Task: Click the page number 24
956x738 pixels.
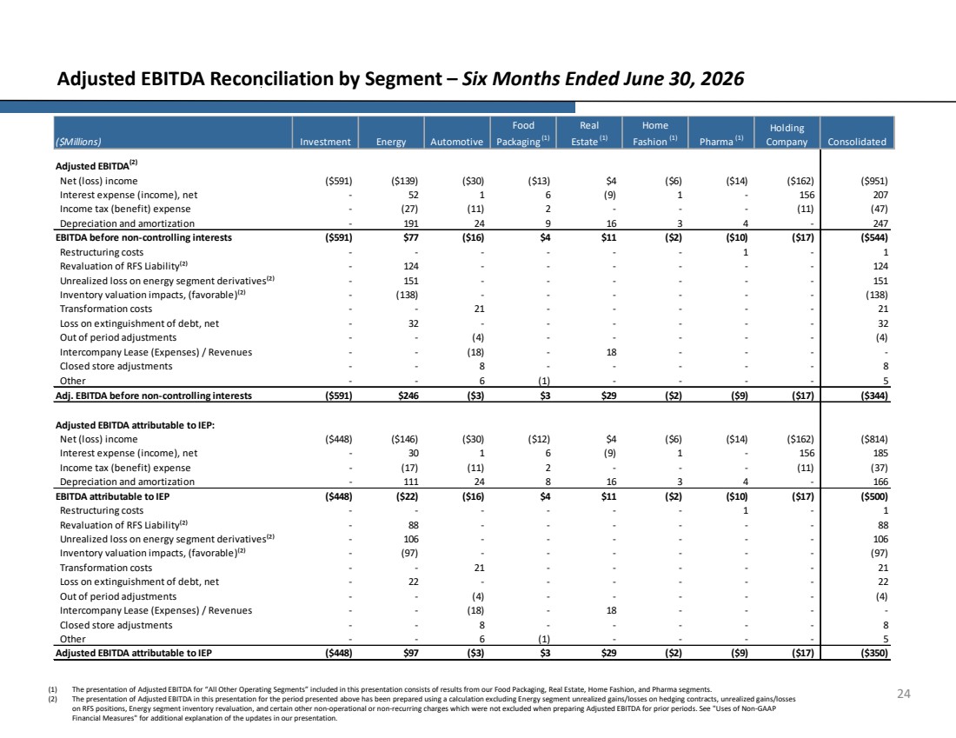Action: [904, 694]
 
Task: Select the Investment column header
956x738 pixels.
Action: [325, 142]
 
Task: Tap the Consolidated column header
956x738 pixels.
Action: [857, 142]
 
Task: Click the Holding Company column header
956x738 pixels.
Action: [787, 135]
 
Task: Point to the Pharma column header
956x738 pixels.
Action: [721, 141]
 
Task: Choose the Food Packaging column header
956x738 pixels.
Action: [523, 133]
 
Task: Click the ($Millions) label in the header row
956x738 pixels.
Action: [78, 142]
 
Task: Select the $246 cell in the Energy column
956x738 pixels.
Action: [408, 396]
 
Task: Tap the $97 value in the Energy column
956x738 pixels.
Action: [410, 653]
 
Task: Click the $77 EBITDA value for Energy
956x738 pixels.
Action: [410, 237]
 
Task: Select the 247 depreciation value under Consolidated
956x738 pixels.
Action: [880, 223]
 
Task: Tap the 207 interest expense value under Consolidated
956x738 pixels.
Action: [880, 195]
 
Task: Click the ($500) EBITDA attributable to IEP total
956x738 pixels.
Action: [873, 496]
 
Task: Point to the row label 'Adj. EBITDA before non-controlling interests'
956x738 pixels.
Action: [154, 396]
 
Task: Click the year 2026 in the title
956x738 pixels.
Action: [722, 79]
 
